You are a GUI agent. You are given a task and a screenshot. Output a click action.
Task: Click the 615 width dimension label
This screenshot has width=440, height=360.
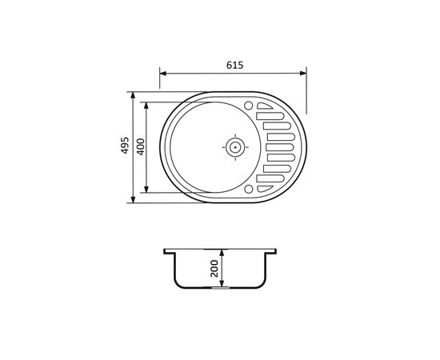235,65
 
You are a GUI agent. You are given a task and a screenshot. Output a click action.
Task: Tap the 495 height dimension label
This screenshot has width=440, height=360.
125,146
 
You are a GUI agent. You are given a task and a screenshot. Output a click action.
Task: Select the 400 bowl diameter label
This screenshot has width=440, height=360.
141,146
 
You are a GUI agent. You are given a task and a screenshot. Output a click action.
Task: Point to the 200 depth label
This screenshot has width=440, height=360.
214,269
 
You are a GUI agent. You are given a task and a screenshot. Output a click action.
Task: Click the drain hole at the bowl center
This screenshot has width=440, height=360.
235,147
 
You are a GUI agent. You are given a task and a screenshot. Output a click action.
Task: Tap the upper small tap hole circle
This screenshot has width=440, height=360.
248,106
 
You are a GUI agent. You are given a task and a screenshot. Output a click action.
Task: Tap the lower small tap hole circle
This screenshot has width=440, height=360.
248,189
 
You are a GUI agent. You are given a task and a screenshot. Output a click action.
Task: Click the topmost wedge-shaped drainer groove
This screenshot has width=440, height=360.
264,106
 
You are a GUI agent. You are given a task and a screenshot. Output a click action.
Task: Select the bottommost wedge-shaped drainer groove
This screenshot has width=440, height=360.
264,189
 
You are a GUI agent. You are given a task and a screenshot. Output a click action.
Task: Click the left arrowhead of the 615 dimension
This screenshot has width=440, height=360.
163,74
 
